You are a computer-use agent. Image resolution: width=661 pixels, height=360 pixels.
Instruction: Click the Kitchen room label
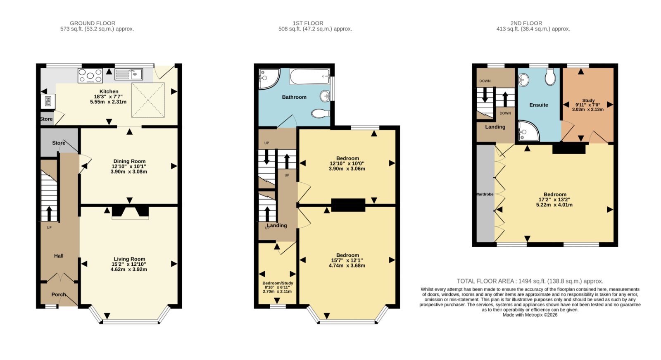click(x=109, y=92)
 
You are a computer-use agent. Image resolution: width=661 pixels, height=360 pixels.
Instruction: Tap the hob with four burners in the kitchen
click(x=90, y=76)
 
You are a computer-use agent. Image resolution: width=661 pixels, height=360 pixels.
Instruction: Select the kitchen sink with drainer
click(x=128, y=74)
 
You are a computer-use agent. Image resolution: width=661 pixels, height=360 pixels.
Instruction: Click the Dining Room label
click(x=129, y=161)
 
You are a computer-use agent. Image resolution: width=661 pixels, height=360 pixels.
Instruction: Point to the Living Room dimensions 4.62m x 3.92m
click(x=128, y=269)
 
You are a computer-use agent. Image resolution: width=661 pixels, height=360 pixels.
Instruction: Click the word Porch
click(x=58, y=294)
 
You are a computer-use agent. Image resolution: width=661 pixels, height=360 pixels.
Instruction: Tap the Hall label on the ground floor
click(x=59, y=256)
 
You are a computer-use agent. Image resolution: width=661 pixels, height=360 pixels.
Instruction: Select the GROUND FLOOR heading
click(x=93, y=23)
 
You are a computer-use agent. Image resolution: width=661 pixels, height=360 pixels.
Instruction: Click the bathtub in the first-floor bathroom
click(x=310, y=76)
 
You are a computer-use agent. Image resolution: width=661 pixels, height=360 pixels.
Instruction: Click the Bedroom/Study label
click(x=278, y=283)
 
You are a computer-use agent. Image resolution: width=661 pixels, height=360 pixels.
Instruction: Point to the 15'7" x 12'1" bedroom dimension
click(x=347, y=260)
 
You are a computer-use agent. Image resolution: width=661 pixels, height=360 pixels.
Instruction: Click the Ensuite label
click(x=539, y=105)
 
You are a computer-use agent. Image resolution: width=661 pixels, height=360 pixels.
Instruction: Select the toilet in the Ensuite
click(x=550, y=77)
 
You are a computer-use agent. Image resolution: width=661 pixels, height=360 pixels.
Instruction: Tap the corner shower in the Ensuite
click(x=528, y=131)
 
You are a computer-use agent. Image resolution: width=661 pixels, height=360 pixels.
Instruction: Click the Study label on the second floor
click(x=588, y=100)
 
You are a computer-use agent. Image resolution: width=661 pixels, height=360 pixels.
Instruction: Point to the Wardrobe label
click(x=485, y=194)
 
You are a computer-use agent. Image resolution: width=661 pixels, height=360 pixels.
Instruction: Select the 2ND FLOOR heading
click(x=526, y=23)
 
